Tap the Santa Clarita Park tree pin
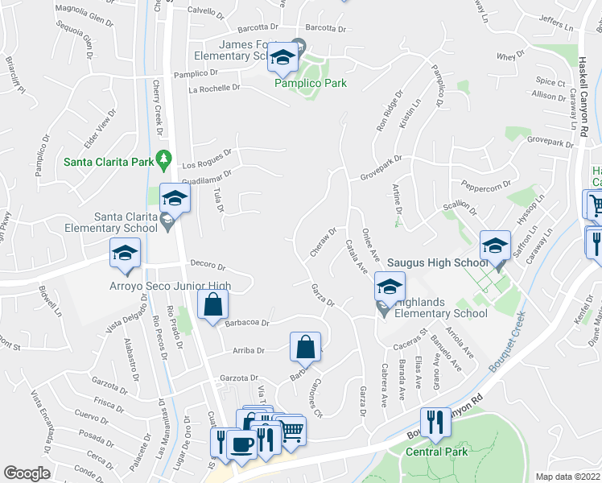[165, 158]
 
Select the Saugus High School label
[437, 262]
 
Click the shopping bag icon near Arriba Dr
[306, 347]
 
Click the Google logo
[27, 473]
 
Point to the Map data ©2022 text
[567, 477]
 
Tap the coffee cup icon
[242, 444]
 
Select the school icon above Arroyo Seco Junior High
[125, 253]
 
